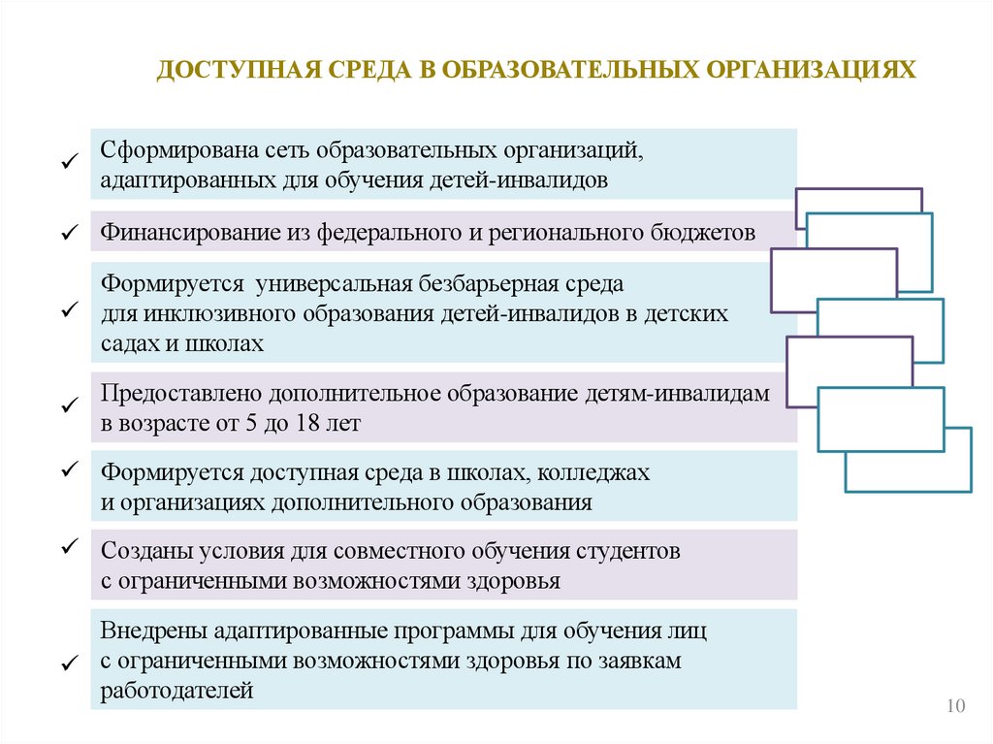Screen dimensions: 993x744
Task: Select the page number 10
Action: (956, 705)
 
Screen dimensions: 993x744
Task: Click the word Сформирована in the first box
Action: (171, 152)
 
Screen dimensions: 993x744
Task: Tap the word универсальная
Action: (335, 286)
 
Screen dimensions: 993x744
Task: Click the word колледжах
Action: (594, 473)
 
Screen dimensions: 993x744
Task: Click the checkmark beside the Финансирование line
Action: (68, 234)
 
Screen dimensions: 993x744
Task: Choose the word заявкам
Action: (641, 661)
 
